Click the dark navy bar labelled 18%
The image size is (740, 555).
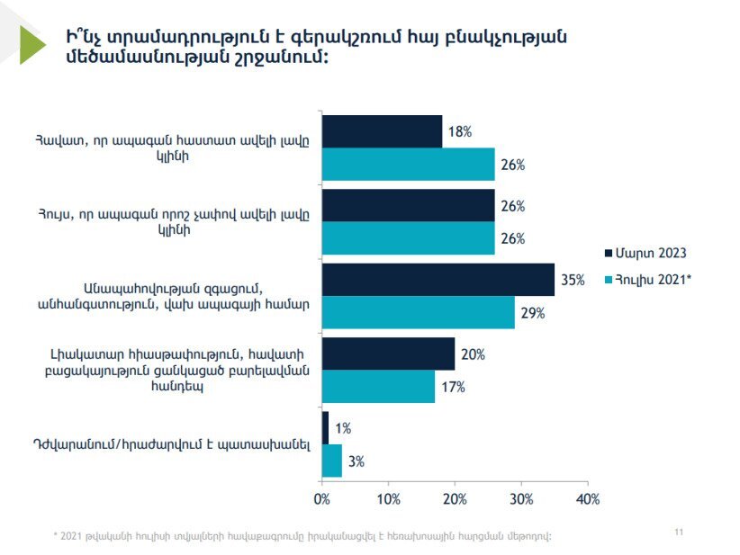[x=383, y=131]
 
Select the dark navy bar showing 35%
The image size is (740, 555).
[x=438, y=280]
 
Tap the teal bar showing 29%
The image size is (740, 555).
[x=419, y=313]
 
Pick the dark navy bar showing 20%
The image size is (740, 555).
[x=388, y=354]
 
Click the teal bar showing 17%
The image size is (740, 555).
[x=378, y=387]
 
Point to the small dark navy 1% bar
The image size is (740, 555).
[x=325, y=427]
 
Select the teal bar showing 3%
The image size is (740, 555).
[x=332, y=461]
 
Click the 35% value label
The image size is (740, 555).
[x=573, y=280]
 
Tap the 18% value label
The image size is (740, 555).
[x=460, y=131]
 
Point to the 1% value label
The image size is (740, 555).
[x=343, y=428]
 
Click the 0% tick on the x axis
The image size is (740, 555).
[x=322, y=499]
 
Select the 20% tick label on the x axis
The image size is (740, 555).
[x=455, y=499]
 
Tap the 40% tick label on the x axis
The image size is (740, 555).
[x=588, y=499]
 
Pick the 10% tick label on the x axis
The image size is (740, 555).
[x=388, y=499]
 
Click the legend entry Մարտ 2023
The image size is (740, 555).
[x=645, y=254]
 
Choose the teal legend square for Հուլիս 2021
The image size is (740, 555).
[x=609, y=280]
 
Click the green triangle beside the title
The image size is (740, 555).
[x=32, y=45]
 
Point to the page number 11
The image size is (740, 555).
[x=679, y=532]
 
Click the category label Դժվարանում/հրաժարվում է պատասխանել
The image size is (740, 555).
[x=172, y=444]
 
